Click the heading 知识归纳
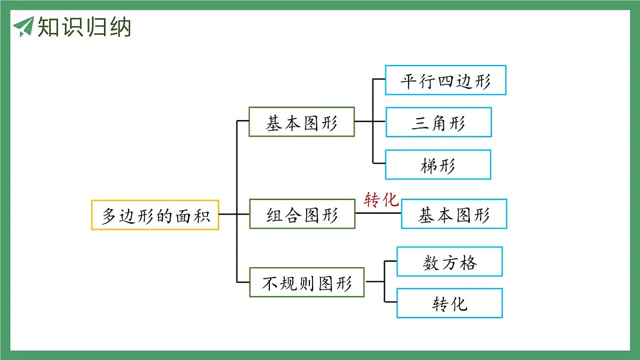pyautogui.click(x=84, y=27)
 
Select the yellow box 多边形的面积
pyautogui.click(x=155, y=215)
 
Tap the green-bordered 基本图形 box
pyautogui.click(x=301, y=122)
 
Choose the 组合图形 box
pyautogui.click(x=302, y=214)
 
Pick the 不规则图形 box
pyautogui.click(x=307, y=282)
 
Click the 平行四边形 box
pyautogui.click(x=445, y=81)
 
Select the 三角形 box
pyautogui.click(x=438, y=123)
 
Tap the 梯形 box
pyautogui.click(x=438, y=165)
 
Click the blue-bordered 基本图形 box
pyautogui.click(x=454, y=214)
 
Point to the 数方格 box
pyautogui.click(x=450, y=262)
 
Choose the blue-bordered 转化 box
pyautogui.click(x=450, y=303)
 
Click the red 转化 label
pyautogui.click(x=381, y=199)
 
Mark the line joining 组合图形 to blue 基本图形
pyautogui.click(x=378, y=213)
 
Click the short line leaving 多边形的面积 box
pyautogui.click(x=228, y=214)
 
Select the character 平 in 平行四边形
pyautogui.click(x=409, y=81)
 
